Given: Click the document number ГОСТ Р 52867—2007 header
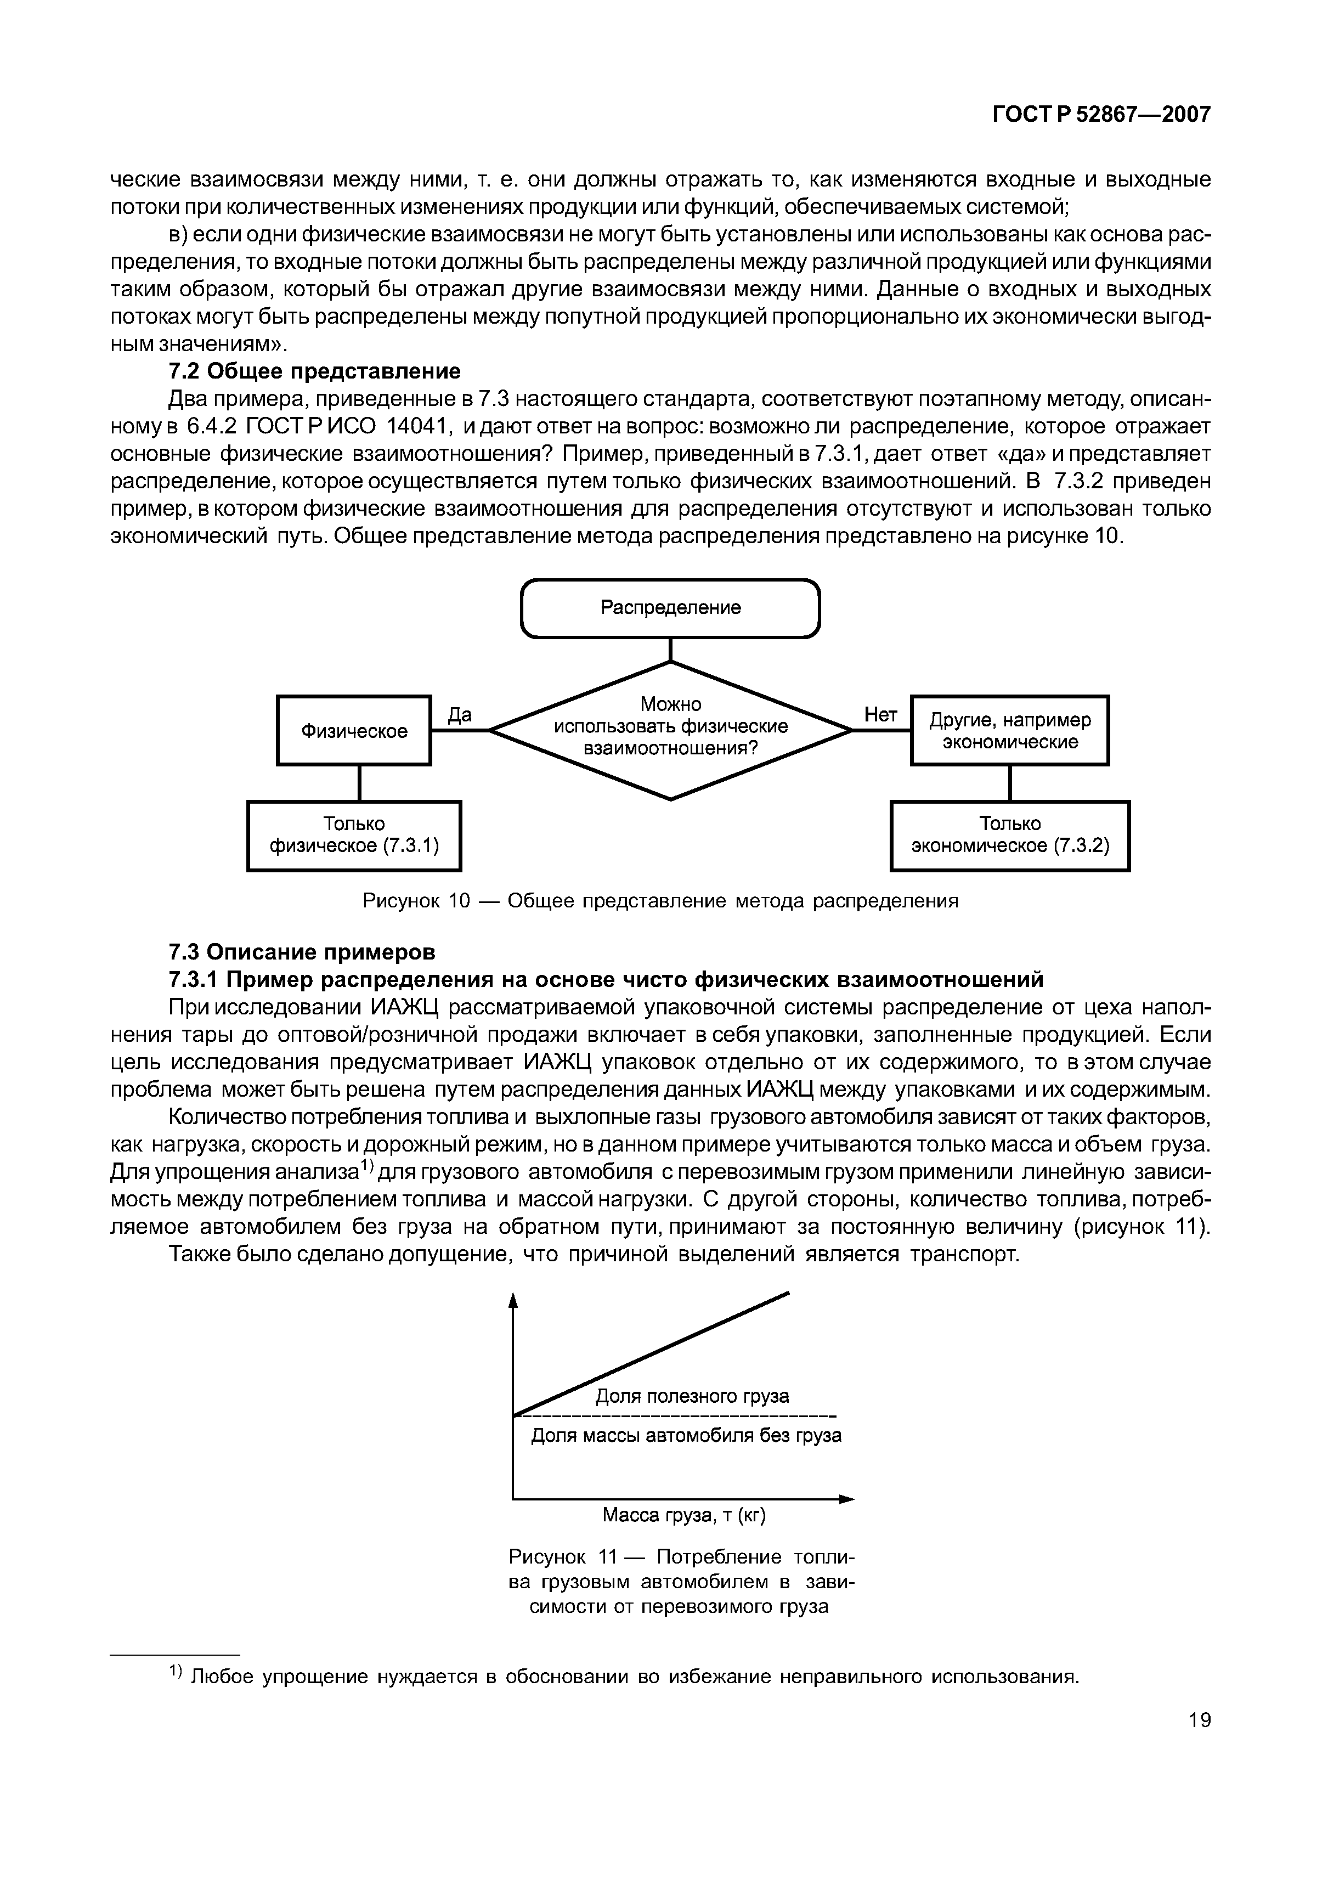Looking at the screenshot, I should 1100,115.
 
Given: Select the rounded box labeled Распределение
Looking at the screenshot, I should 670,608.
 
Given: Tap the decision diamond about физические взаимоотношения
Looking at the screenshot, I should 670,729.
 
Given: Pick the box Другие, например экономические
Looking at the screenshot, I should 1010,731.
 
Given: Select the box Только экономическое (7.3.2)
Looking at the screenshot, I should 1010,836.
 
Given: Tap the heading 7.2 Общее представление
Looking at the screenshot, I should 314,371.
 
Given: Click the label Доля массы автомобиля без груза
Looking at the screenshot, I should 686,1435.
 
